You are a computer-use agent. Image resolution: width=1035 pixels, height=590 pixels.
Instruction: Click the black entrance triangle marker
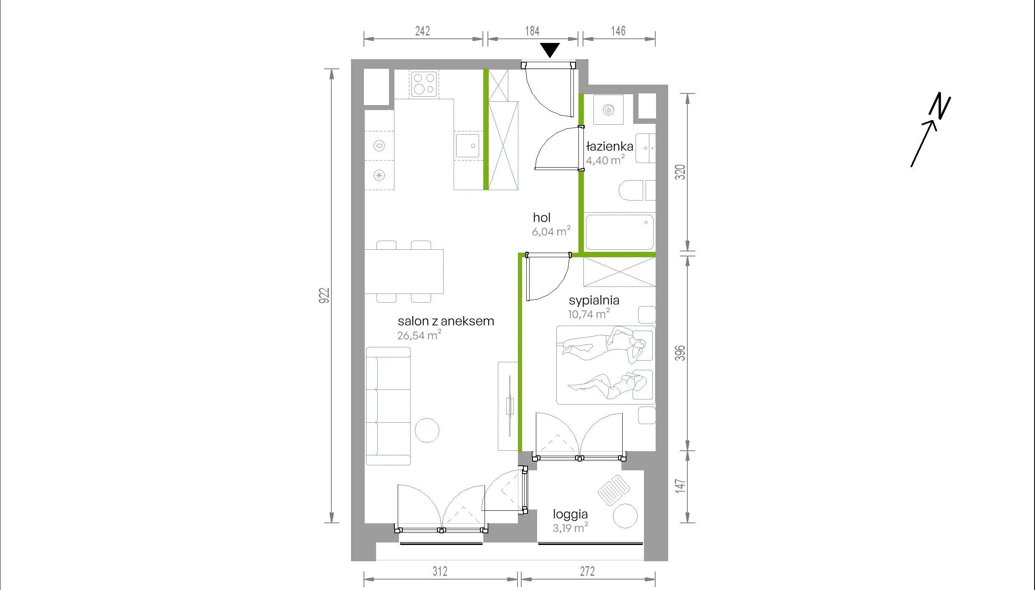coord(550,50)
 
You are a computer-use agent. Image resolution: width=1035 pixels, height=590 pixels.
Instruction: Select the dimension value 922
coord(324,296)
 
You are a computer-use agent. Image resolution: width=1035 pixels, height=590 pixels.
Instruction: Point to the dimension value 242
coord(422,31)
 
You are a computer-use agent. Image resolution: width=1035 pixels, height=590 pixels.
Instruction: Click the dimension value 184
coord(532,31)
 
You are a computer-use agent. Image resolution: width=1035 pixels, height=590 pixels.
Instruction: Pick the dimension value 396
coord(680,353)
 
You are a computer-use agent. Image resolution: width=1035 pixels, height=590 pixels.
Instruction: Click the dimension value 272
coord(587,571)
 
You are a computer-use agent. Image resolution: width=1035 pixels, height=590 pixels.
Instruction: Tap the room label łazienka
coord(609,146)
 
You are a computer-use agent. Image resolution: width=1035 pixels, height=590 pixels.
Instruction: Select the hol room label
coord(542,218)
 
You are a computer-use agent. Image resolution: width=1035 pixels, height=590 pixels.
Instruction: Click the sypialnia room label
coord(594,301)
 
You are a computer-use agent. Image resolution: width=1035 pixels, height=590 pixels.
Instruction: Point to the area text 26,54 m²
coord(419,335)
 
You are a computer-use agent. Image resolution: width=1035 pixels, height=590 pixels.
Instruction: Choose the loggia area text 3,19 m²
coord(571,528)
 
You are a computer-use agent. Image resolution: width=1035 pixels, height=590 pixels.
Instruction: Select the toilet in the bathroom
coord(637,191)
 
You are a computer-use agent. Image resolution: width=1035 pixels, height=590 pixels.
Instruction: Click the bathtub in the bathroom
coord(619,232)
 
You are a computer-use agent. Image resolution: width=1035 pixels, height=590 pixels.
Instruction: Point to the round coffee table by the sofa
coord(427,430)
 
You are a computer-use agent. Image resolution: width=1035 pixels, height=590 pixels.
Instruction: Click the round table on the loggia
coord(625,516)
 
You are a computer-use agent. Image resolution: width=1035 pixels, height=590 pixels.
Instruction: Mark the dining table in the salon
coord(404,271)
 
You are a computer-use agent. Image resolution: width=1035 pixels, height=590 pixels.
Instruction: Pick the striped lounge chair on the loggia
coord(614,490)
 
